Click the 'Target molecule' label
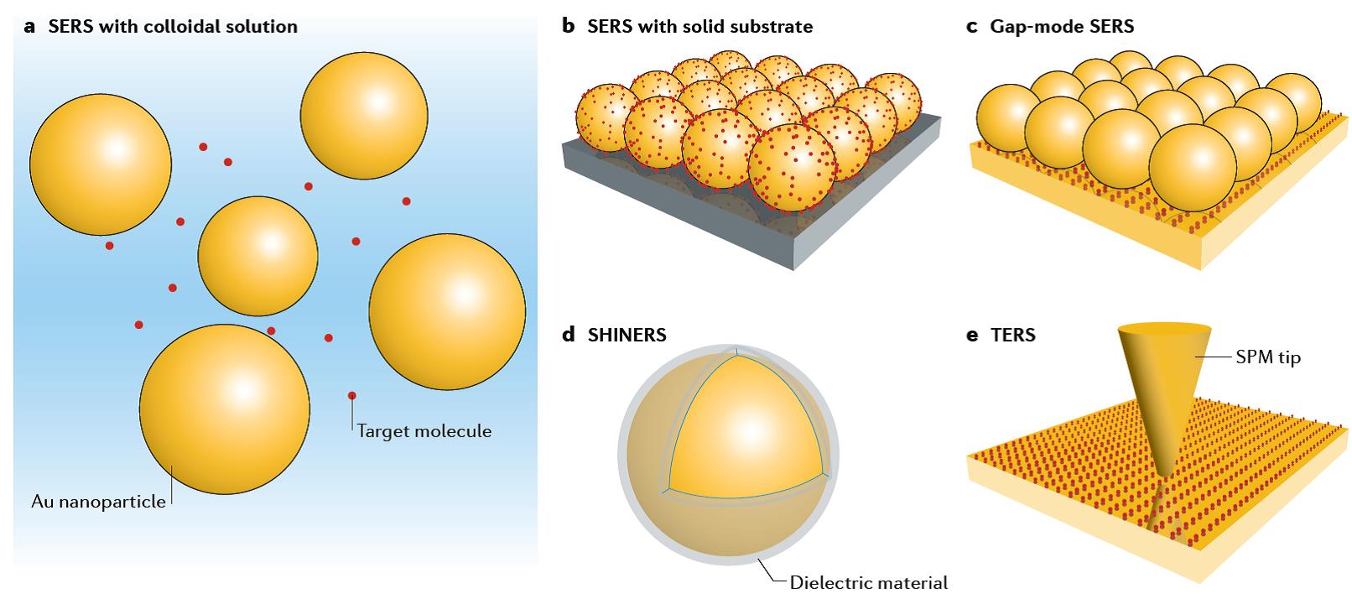click(424, 431)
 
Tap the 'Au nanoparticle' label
click(98, 503)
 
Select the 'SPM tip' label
click(1267, 357)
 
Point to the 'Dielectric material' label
click(868, 582)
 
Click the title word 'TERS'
click(1013, 335)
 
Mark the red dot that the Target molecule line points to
click(352, 395)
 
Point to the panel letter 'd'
click(569, 335)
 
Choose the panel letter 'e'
click(972, 335)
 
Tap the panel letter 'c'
click(972, 26)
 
